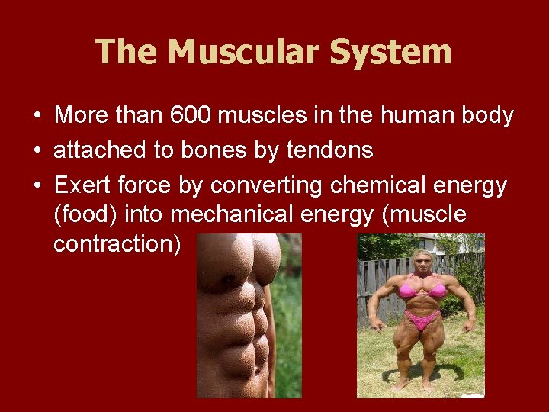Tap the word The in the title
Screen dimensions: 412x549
click(127, 53)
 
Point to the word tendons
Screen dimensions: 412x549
click(329, 150)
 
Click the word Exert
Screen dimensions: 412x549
click(82, 185)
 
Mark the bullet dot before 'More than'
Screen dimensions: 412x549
click(37, 117)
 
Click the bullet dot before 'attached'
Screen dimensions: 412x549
click(37, 151)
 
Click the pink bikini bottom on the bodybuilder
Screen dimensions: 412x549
click(422, 318)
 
